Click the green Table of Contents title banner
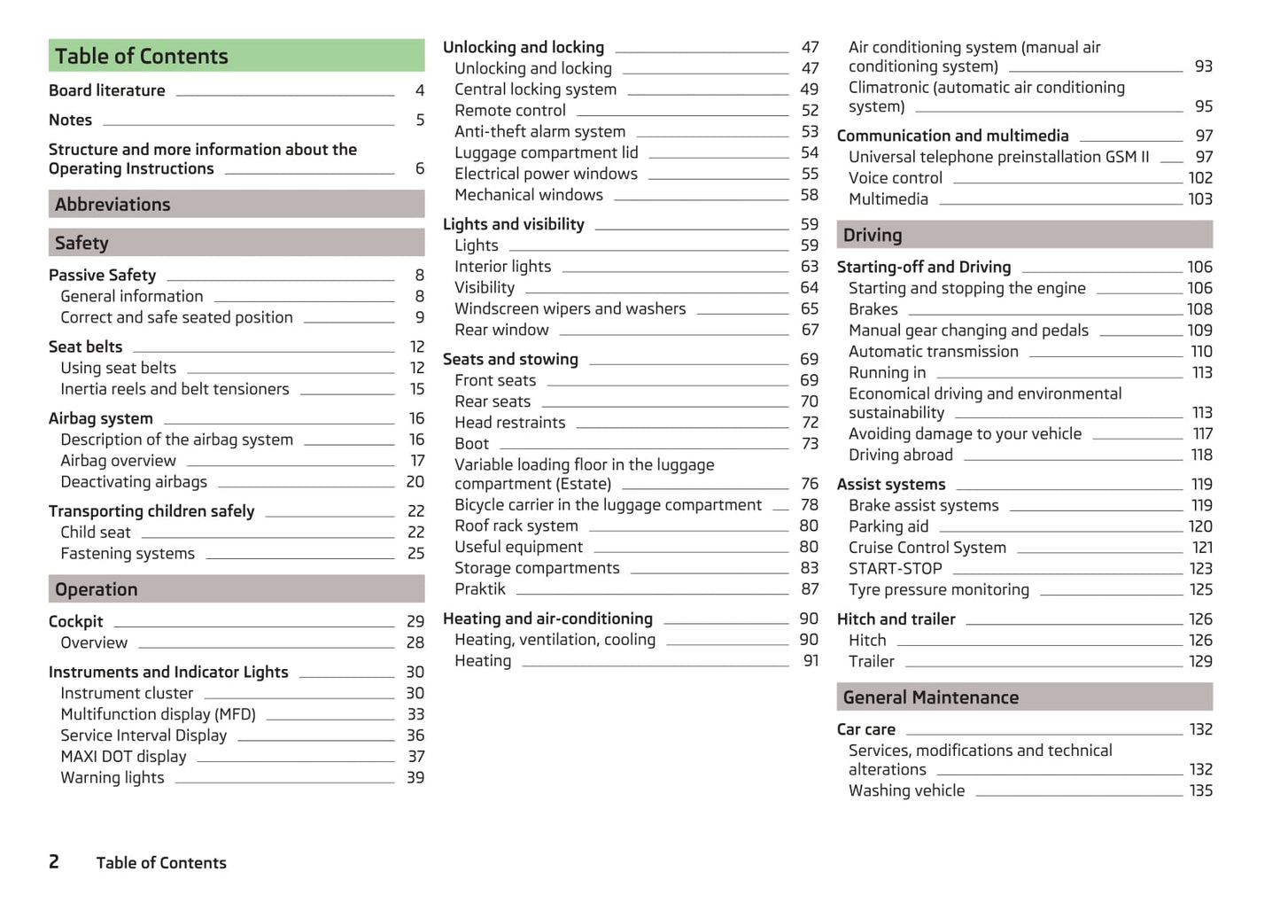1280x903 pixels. pos(236,56)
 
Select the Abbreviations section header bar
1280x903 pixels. pos(236,205)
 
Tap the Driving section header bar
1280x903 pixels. pos(1024,235)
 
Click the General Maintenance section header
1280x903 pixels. pos(1024,697)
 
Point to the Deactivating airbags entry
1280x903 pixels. pos(134,482)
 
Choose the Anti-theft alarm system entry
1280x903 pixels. pos(539,132)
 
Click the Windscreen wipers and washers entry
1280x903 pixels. pos(570,309)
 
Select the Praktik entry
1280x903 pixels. pos(480,589)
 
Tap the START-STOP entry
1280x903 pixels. pos(895,569)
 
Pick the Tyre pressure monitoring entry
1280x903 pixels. pos(938,590)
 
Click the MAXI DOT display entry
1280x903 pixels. pos(123,757)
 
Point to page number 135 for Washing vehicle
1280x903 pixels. pos(1200,790)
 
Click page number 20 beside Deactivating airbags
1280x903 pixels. pos(415,482)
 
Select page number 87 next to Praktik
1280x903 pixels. pos(810,589)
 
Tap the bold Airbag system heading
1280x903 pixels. pos(101,418)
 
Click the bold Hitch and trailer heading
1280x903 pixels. pos(896,619)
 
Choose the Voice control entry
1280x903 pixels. pos(895,178)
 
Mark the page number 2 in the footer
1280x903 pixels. pos(54,861)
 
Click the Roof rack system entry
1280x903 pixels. pos(516,526)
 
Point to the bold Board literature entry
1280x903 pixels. pos(106,90)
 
